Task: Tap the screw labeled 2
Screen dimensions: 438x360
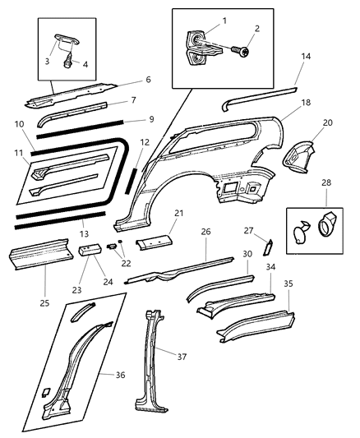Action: [x=241, y=52]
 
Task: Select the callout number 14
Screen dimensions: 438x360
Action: [x=305, y=56]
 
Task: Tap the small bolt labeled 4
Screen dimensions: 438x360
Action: [x=69, y=58]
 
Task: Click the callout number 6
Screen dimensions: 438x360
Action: [x=148, y=80]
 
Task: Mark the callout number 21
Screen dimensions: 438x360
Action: [x=179, y=214]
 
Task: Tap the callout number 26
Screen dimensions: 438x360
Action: [x=206, y=232]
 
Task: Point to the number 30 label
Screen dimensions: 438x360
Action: [x=247, y=255]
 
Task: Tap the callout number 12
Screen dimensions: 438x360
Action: [x=144, y=143]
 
